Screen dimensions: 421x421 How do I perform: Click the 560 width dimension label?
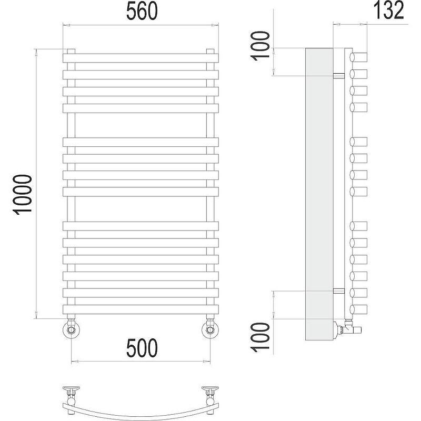click(142, 11)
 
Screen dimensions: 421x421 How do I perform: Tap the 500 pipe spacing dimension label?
click(142, 348)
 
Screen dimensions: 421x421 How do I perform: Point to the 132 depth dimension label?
click(388, 10)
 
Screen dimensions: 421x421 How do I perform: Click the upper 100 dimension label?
click(260, 46)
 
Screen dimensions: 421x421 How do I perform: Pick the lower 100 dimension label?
click(260, 337)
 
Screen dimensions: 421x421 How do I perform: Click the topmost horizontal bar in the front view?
click(141, 58)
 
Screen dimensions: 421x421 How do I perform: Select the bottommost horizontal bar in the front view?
click(141, 309)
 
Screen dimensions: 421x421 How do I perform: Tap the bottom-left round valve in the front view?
click(71, 329)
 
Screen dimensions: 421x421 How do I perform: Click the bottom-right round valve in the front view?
click(210, 329)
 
